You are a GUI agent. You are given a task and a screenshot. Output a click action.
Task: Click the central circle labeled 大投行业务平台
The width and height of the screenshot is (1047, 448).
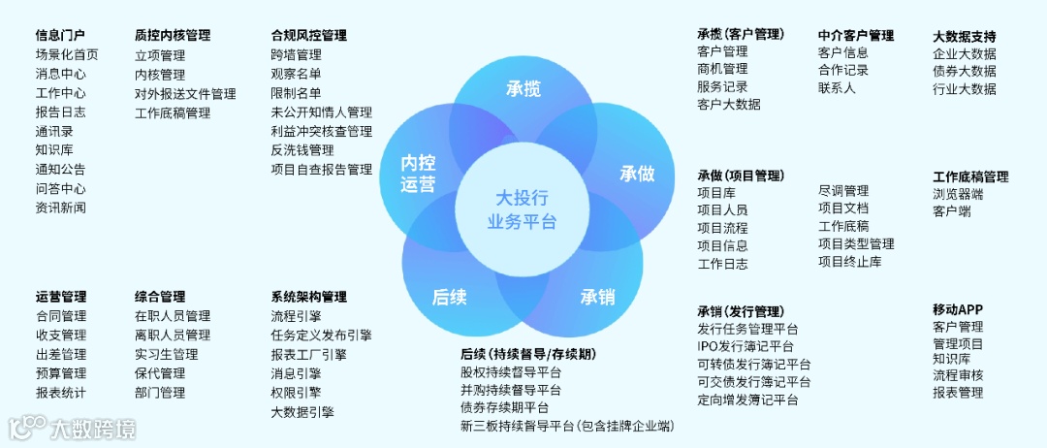523,208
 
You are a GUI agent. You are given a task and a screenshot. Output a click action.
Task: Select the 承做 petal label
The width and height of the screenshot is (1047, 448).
637,174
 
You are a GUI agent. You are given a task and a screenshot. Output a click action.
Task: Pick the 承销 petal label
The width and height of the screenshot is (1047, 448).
597,297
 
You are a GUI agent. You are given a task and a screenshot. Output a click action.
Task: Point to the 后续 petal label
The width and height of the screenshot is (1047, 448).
450,297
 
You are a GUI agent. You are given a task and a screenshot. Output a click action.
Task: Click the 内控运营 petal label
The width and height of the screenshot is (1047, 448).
418,174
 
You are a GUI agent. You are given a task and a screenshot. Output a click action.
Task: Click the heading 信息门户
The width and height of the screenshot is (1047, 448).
60,36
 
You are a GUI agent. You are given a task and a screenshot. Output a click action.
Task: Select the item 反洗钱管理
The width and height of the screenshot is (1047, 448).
302,150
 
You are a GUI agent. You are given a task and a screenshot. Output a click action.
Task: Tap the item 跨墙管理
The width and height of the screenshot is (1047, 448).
296,55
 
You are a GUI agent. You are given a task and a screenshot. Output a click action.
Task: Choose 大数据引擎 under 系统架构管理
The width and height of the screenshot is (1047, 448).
302,412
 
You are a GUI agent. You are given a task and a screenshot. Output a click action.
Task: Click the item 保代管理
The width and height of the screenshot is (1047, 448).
160,373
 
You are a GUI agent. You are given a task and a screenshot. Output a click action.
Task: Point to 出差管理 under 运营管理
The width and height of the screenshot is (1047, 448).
61,354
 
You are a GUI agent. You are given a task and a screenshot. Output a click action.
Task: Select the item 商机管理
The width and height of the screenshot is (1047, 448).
722,69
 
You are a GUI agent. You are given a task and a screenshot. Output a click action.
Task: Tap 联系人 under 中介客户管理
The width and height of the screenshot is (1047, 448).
837,88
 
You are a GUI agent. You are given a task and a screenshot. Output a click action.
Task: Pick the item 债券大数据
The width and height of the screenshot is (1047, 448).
965,71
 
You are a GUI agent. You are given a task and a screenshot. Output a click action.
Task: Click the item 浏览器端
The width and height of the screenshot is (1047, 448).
958,194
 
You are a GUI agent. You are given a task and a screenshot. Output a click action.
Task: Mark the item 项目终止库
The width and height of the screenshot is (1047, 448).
850,261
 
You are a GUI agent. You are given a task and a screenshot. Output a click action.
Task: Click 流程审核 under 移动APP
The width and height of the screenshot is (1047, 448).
958,375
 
